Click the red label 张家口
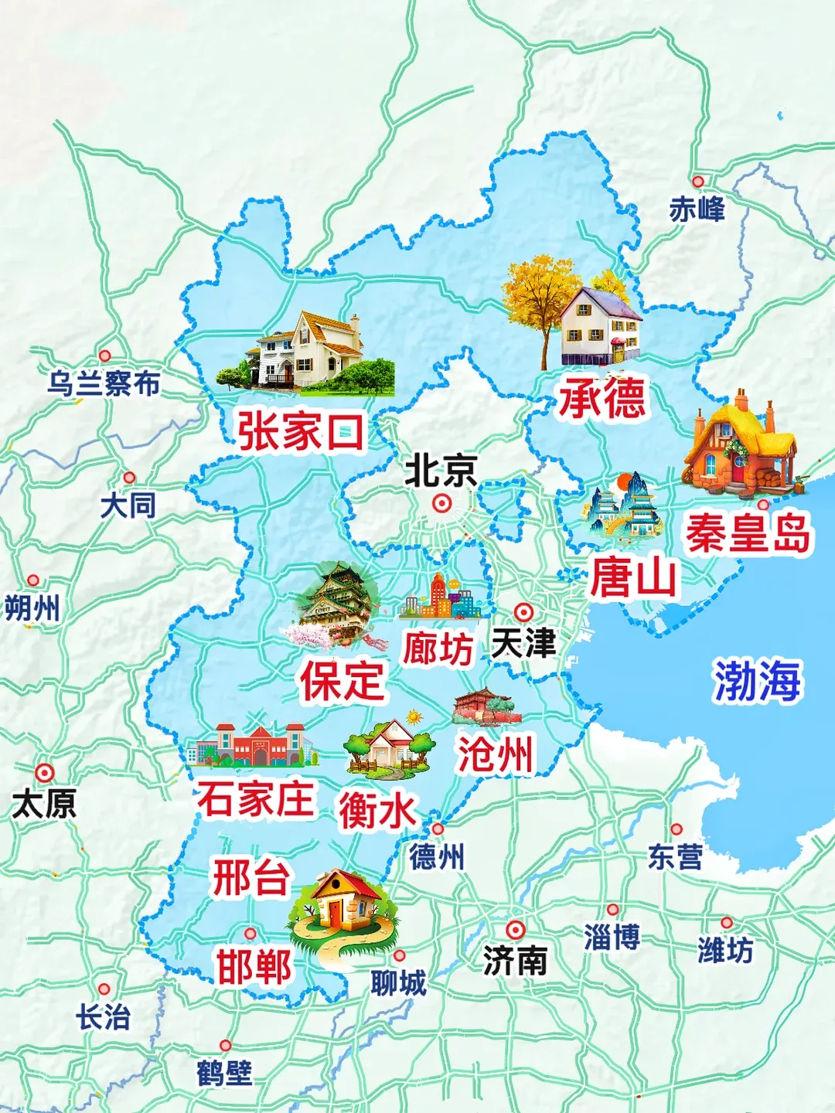click(x=300, y=431)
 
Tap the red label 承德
click(x=602, y=398)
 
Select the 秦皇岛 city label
click(x=748, y=533)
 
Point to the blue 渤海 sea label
click(x=756, y=681)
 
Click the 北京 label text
click(x=441, y=470)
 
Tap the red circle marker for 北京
click(x=441, y=504)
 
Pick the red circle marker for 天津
click(x=524, y=612)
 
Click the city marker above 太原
click(x=45, y=773)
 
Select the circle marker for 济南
click(x=516, y=930)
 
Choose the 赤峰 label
click(x=697, y=209)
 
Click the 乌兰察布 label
click(x=104, y=383)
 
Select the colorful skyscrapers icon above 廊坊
click(x=441, y=597)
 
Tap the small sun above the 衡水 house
click(x=414, y=717)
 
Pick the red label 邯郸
click(x=254, y=967)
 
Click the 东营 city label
click(x=675, y=856)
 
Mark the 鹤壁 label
click(x=224, y=1073)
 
